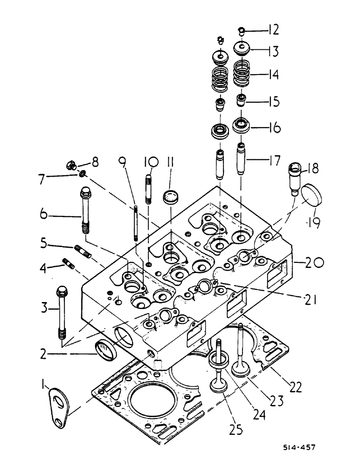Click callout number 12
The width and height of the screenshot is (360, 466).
pos(273,30)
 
